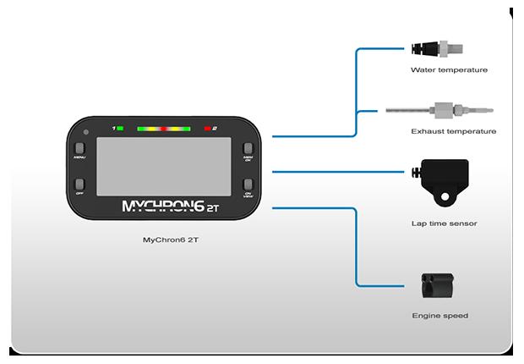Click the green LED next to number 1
[122, 128]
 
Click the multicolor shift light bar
[163, 128]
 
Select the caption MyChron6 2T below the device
[164, 240]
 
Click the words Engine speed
[440, 316]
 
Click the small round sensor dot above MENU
[86, 132]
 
